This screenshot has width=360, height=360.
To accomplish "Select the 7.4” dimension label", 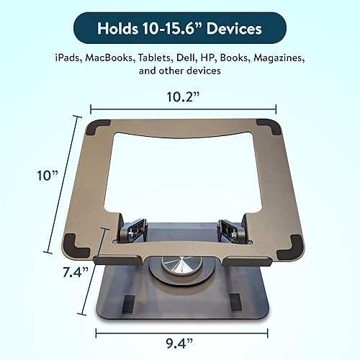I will click(x=75, y=271).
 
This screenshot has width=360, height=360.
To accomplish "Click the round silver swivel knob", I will click(x=177, y=266).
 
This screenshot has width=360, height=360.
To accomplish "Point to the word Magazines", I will click(x=284, y=57).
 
